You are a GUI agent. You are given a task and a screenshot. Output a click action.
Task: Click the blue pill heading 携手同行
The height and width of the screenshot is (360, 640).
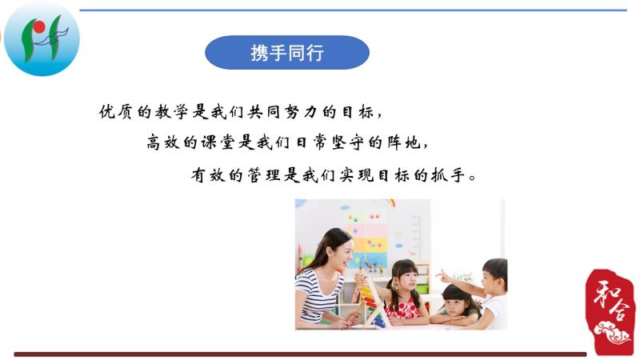(287, 52)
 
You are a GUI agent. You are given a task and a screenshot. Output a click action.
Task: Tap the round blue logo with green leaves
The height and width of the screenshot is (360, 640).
(42, 38)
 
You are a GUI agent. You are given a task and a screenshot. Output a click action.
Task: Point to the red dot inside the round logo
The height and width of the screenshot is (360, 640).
(39, 27)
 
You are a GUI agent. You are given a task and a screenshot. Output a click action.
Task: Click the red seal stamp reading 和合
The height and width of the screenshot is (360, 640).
(610, 311)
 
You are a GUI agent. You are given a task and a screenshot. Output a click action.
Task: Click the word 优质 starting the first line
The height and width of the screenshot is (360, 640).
(115, 111)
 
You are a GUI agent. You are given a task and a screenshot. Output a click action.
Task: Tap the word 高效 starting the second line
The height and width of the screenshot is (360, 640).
(163, 142)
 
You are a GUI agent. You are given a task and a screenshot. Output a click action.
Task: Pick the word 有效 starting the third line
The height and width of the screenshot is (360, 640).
(208, 175)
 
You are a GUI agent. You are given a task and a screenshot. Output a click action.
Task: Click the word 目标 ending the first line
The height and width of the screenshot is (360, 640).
(359, 111)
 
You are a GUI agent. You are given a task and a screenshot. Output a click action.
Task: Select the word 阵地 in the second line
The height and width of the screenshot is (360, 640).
(404, 142)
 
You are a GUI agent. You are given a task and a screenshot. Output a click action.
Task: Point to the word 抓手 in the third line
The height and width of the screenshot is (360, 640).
(448, 175)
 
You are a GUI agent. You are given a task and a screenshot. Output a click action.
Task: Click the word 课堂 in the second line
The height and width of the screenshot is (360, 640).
(216, 142)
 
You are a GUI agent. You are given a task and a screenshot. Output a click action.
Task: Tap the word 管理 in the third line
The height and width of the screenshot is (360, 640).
(263, 175)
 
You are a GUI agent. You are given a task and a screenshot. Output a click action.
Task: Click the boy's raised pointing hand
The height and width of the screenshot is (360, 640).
(442, 277)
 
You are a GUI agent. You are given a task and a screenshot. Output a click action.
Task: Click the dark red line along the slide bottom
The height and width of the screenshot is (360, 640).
(300, 354)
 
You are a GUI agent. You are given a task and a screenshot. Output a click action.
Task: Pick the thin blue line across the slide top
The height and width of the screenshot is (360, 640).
(353, 10)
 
